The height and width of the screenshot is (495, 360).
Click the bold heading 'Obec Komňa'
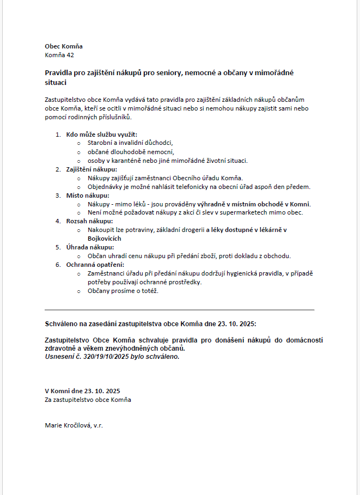click(x=64, y=47)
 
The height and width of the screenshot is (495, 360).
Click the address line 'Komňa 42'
click(x=59, y=55)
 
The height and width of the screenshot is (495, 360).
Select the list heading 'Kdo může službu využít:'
click(x=102, y=134)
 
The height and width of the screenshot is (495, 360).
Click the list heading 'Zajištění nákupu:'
click(x=91, y=169)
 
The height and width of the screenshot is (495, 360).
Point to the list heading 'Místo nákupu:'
click(x=87, y=195)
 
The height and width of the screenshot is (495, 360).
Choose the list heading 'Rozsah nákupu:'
click(x=89, y=221)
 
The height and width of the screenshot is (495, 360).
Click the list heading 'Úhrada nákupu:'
click(x=90, y=247)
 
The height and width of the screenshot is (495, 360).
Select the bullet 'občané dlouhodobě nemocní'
click(x=131, y=152)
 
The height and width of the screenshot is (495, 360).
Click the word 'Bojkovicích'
click(x=105, y=239)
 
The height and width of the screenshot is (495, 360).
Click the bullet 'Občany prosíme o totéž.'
click(x=123, y=291)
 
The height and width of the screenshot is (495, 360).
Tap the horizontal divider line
click(x=179, y=310)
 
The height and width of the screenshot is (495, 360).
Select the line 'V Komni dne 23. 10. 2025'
click(x=82, y=391)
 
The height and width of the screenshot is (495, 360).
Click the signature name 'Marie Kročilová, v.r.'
click(x=74, y=425)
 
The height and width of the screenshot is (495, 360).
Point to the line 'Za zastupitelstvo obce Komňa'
click(x=88, y=400)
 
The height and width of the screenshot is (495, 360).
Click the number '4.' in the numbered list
click(x=58, y=221)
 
